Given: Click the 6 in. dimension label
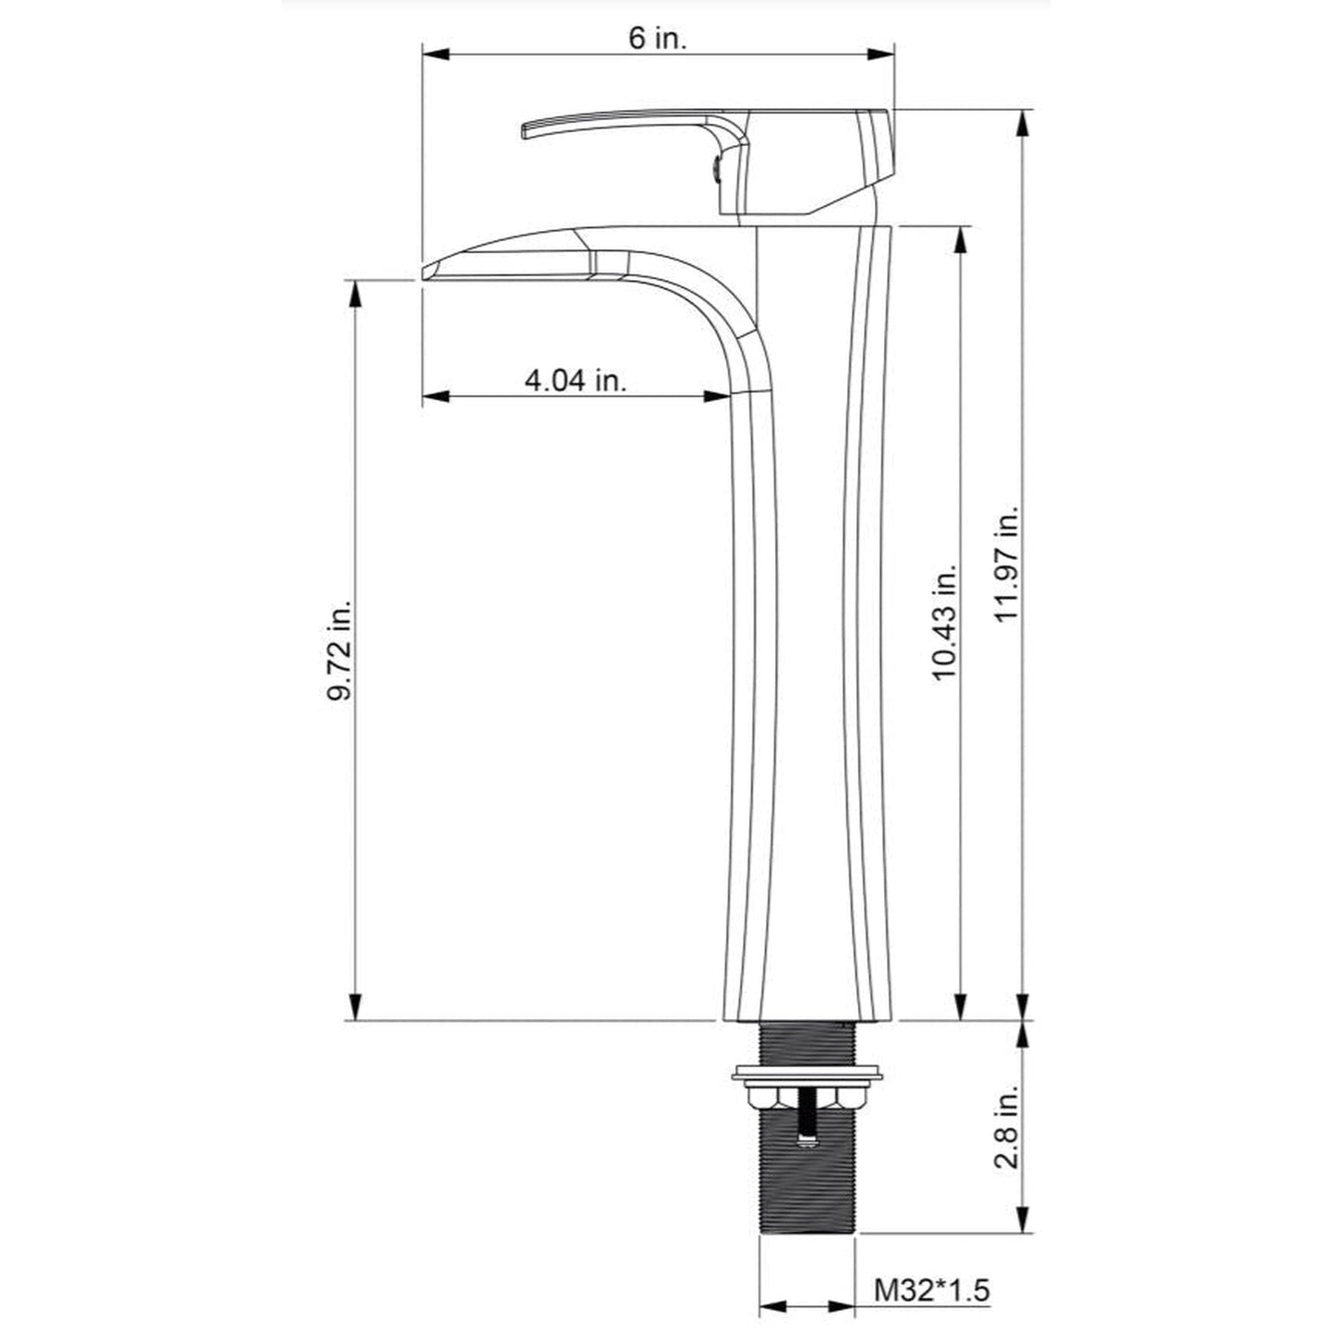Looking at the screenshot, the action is pyautogui.click(x=658, y=39).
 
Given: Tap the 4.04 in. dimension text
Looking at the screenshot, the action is pyautogui.click(x=575, y=381).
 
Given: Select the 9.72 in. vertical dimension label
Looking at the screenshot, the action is pyautogui.click(x=339, y=649).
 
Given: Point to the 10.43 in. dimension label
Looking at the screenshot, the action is pyautogui.click(x=945, y=624).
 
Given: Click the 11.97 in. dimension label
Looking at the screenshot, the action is pyautogui.click(x=1007, y=564).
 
